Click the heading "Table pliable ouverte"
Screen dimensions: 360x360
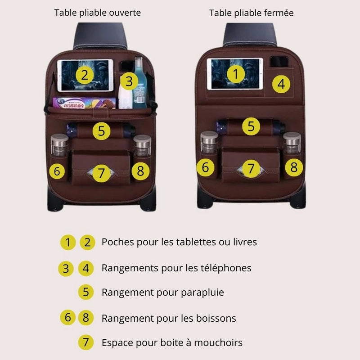tap(97, 13)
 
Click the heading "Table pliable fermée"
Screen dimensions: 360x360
tap(251, 13)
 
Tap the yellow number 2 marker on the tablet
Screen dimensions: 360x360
tap(85, 75)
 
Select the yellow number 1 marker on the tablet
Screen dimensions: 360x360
tap(235, 74)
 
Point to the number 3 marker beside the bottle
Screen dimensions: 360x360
tap(129, 81)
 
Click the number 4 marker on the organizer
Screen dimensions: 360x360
tap(281, 84)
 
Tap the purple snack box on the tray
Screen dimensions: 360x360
tap(84, 103)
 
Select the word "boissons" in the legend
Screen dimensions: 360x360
tap(216, 318)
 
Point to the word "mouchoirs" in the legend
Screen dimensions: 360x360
tap(218, 342)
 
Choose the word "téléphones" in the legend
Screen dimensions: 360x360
tap(226, 268)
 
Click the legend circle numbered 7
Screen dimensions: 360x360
tap(86, 342)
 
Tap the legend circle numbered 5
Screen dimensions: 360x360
tap(86, 292)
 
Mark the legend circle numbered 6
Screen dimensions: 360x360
tap(68, 318)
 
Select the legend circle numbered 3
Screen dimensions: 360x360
tap(66, 269)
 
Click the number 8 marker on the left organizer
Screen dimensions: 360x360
tap(140, 171)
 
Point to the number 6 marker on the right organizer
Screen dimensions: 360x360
tap(206, 167)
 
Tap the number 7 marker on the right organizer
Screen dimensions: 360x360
tap(251, 169)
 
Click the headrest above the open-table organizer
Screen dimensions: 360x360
tap(100, 36)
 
